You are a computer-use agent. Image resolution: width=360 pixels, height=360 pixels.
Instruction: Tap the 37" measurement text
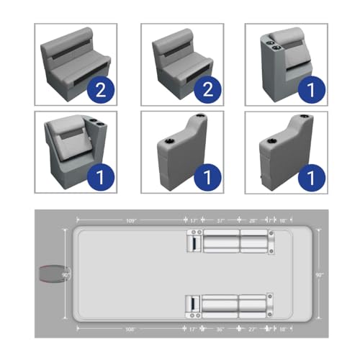(221, 220)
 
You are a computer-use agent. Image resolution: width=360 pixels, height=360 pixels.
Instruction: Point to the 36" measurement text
(220, 328)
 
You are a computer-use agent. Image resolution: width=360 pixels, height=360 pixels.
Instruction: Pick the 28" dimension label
(253, 220)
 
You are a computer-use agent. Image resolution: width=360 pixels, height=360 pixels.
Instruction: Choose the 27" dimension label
(253, 328)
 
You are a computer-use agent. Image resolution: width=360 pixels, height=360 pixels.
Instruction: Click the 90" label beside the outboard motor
(66, 274)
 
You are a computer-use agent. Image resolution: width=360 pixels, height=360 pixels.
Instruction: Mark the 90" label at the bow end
(320, 274)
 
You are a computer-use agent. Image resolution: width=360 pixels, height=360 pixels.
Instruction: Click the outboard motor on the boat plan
(51, 275)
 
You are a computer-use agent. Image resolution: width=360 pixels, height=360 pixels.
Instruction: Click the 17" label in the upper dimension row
(193, 220)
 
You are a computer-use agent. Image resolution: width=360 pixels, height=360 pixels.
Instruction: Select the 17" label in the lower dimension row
(193, 328)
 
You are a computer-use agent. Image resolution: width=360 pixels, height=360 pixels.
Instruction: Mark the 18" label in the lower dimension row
(282, 328)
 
